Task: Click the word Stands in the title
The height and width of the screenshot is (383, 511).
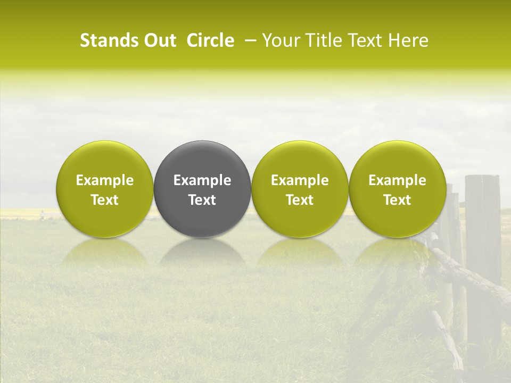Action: tap(106, 40)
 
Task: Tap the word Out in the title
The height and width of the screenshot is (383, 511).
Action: tap(158, 40)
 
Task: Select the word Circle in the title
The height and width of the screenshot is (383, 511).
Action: tap(210, 40)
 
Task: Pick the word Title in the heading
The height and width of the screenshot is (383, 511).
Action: tap(320, 40)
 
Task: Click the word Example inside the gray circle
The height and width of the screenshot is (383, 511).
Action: tap(202, 180)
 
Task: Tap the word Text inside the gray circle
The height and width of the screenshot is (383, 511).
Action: tap(202, 200)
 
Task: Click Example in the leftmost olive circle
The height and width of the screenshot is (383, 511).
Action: tap(105, 180)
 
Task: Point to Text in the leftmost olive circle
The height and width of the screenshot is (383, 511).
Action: tap(105, 200)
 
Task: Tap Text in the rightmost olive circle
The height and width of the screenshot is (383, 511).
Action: tap(397, 200)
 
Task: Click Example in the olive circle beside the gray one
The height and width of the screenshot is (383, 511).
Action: tap(300, 180)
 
